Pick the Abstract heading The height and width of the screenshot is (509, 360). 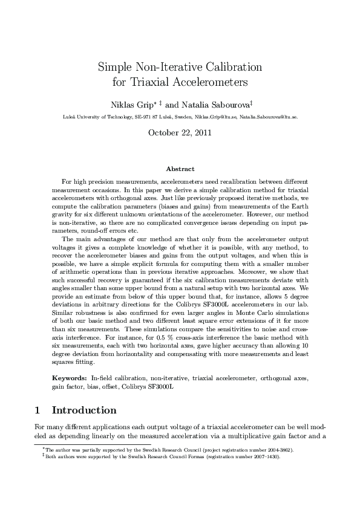180,169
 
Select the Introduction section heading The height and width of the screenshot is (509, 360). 84,410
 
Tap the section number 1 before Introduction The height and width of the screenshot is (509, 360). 38,410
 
